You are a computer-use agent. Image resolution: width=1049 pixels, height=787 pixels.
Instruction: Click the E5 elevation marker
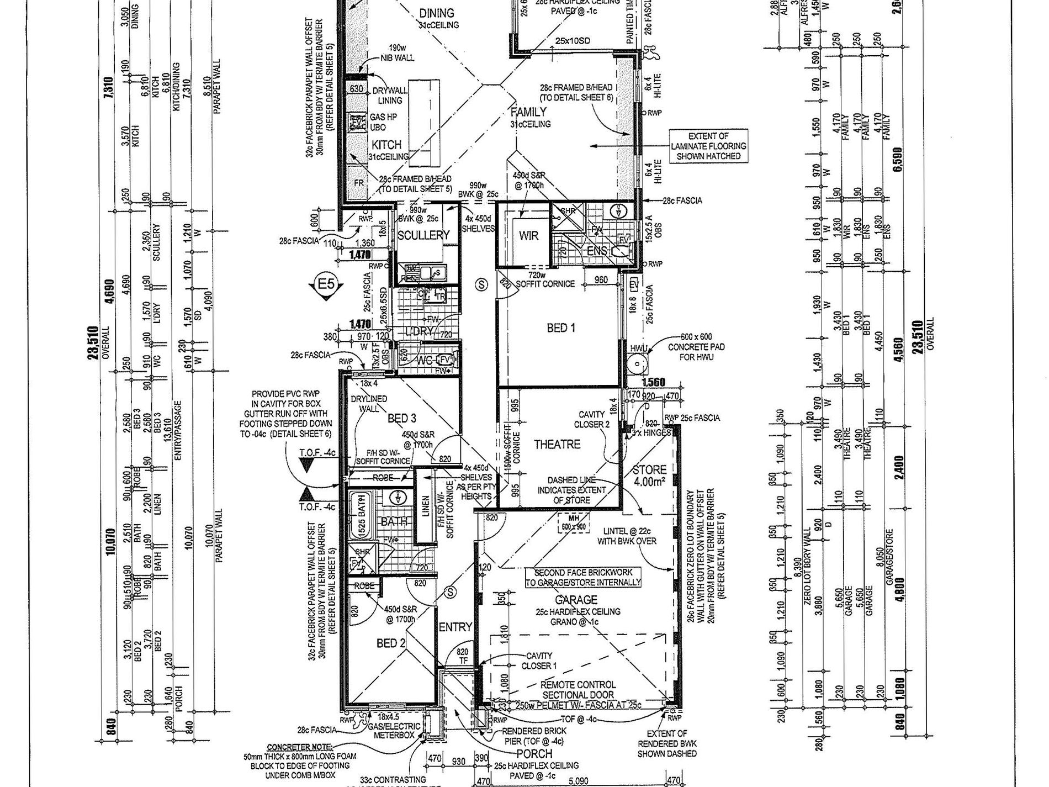(x=326, y=285)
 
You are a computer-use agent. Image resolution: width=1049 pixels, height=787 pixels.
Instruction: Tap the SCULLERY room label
(x=423, y=235)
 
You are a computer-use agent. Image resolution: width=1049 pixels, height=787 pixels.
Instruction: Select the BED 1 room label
(x=561, y=328)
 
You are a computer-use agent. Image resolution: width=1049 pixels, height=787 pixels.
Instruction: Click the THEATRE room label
(x=557, y=445)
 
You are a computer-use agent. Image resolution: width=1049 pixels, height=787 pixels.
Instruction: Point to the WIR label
(x=528, y=236)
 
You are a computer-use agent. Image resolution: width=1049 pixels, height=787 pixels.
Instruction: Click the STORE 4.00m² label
(x=649, y=476)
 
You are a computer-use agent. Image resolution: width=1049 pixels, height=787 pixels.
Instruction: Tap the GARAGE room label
(x=576, y=600)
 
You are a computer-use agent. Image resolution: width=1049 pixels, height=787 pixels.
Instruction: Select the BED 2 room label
(x=391, y=643)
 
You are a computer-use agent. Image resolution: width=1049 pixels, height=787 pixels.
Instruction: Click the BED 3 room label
(x=402, y=419)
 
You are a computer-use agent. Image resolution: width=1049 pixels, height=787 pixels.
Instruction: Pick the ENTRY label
(x=455, y=627)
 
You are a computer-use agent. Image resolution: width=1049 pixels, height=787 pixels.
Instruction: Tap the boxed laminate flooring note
(x=708, y=146)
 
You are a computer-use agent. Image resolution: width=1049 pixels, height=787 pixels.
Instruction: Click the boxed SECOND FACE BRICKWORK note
(x=583, y=577)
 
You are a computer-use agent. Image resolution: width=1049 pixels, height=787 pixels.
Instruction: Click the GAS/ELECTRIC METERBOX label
(x=397, y=731)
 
